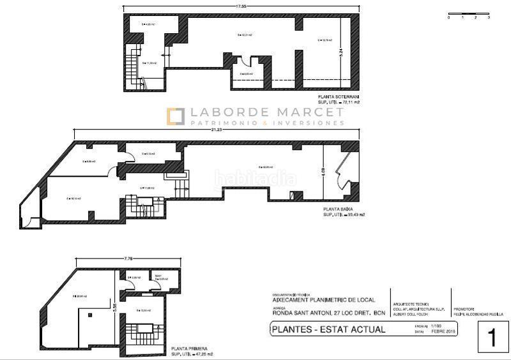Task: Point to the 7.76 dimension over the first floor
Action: pos(129,259)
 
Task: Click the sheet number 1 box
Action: pos(492,337)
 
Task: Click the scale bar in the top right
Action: pos(468,14)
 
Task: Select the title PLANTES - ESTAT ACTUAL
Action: pos(328,330)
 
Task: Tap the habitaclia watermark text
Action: pos(255,178)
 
